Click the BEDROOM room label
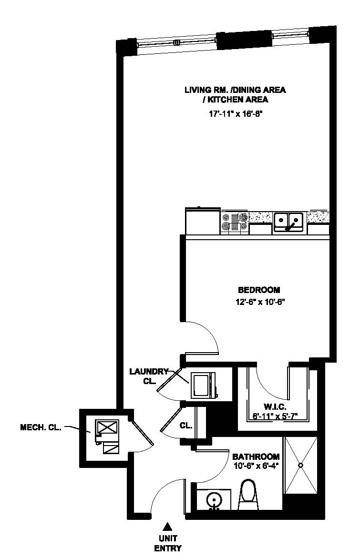click(259, 290)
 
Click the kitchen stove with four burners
click(234, 223)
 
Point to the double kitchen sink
click(288, 222)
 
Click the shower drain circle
click(300, 465)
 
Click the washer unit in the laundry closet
click(203, 385)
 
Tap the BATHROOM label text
click(256, 456)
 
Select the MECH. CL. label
click(41, 428)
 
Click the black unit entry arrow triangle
click(167, 527)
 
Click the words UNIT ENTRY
click(167, 543)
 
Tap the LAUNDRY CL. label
click(149, 375)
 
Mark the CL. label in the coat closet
click(186, 426)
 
